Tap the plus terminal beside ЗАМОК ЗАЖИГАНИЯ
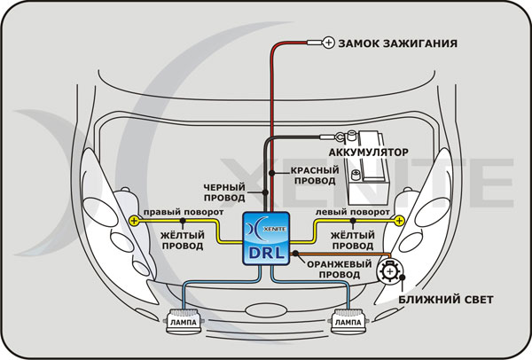click(327, 42)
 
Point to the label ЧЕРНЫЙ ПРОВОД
click(225, 192)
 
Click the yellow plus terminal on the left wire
click(134, 220)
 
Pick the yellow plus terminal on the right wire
click(398, 220)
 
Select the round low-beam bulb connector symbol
click(387, 272)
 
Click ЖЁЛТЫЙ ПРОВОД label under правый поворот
click(184, 239)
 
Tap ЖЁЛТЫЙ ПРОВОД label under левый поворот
click(350, 239)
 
